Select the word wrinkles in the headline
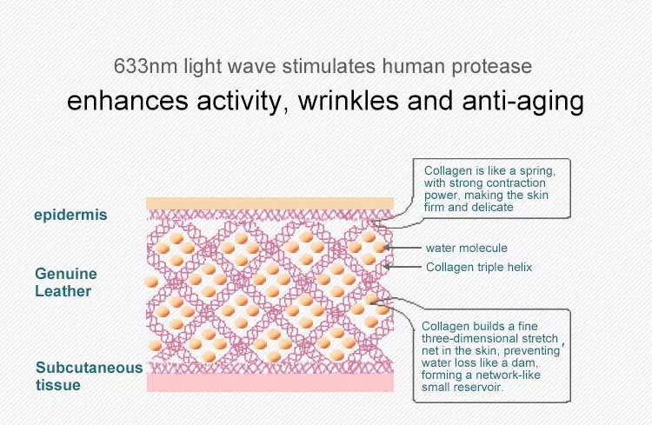(348, 101)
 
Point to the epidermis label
(70, 215)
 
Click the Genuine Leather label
(66, 282)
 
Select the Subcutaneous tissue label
(89, 376)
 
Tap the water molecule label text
(467, 248)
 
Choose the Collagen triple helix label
(479, 267)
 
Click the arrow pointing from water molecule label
(403, 248)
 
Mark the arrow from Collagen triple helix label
(403, 267)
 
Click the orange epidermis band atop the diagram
(269, 203)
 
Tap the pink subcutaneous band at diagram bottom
(270, 382)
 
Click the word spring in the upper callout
(537, 171)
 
